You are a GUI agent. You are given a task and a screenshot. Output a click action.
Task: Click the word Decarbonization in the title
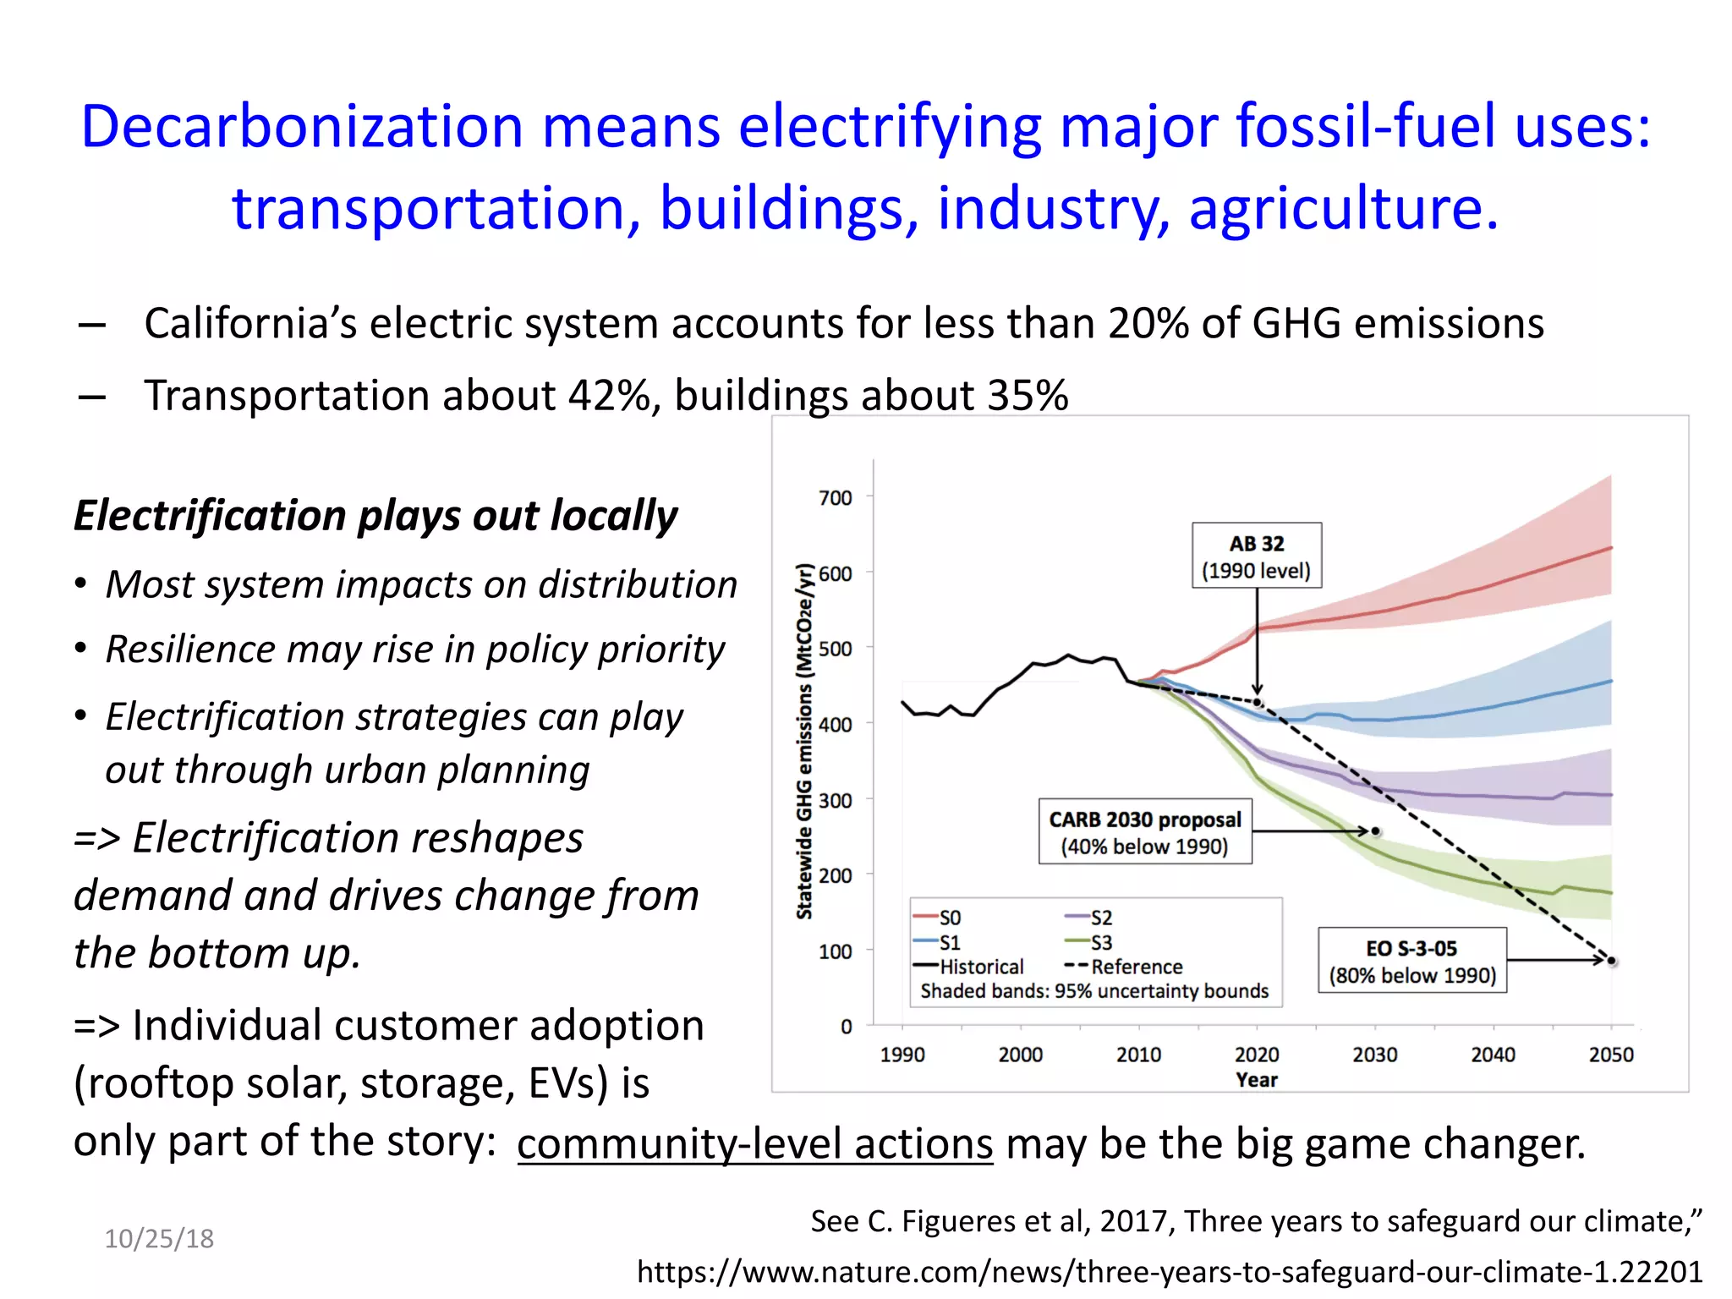point(302,127)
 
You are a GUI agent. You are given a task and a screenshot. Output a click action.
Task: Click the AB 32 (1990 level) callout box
point(1256,556)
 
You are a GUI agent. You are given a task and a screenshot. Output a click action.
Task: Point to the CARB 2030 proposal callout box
point(1144,831)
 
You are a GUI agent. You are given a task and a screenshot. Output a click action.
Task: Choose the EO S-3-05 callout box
point(1411,961)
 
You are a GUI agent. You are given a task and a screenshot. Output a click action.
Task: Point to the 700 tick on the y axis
point(836,498)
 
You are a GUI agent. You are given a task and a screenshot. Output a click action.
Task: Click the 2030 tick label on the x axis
point(1374,1055)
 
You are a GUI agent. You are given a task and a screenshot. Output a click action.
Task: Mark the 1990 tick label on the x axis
point(902,1055)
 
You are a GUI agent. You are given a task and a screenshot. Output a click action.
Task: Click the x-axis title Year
point(1256,1080)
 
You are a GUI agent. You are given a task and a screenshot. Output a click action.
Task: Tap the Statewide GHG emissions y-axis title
point(804,741)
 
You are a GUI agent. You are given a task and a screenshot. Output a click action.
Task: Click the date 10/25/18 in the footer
point(159,1239)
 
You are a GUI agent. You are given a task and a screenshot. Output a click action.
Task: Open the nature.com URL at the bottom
point(1169,1272)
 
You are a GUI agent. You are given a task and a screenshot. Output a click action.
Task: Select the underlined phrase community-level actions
point(754,1144)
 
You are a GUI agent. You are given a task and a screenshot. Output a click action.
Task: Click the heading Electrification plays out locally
point(375,516)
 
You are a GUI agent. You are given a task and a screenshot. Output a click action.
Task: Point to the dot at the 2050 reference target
point(1612,962)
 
